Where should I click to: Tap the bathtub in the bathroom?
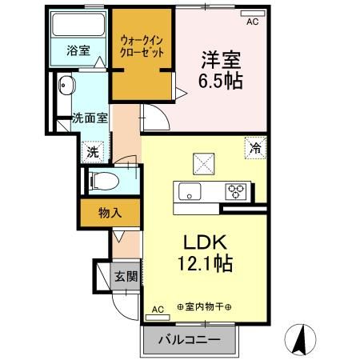coord(78,27)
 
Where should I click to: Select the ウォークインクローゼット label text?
coord(142,45)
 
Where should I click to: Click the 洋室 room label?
coord(215,58)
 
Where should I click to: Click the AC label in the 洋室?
coord(253,22)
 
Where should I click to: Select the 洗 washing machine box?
coord(92,150)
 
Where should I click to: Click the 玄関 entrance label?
coord(126,276)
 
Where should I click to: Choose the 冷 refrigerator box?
coord(255,146)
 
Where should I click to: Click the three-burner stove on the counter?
coord(237,190)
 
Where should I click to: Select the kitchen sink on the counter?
coord(190,190)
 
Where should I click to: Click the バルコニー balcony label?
coord(191,338)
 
